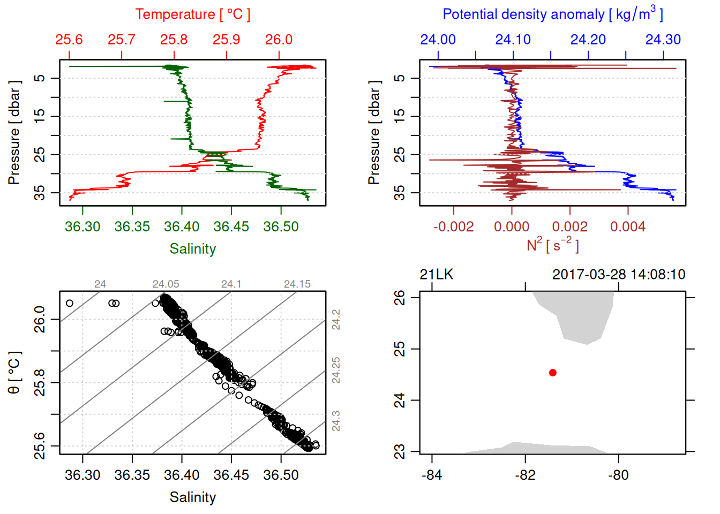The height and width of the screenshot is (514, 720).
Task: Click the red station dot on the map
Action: click(x=553, y=373)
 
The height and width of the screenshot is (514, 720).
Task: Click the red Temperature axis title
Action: click(x=192, y=14)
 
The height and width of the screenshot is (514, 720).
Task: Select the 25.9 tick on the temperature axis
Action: click(x=226, y=40)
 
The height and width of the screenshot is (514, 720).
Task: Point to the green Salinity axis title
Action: click(x=192, y=249)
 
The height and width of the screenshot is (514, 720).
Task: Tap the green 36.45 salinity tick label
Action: click(x=231, y=227)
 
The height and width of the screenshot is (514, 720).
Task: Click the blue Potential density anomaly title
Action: click(x=552, y=14)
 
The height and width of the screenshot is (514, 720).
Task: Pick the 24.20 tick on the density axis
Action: click(x=588, y=40)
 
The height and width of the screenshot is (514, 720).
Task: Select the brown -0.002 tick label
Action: click(x=453, y=227)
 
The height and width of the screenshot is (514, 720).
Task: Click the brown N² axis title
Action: click(x=552, y=245)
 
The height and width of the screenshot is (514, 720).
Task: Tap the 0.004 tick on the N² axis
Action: click(x=627, y=227)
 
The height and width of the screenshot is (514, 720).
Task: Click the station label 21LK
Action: click(x=436, y=275)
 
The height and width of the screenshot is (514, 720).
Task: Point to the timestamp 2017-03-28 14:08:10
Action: click(x=618, y=275)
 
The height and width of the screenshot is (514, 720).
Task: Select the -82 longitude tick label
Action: click(x=525, y=475)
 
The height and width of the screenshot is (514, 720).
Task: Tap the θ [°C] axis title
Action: click(x=14, y=373)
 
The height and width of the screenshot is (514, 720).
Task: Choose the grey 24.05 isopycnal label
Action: click(x=166, y=284)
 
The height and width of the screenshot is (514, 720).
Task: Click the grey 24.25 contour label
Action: click(x=336, y=371)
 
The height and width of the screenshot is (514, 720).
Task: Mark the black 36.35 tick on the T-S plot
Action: click(x=132, y=475)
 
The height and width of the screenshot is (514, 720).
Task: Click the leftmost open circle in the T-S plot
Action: click(x=70, y=304)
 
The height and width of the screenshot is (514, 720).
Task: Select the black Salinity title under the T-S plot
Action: click(x=192, y=497)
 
